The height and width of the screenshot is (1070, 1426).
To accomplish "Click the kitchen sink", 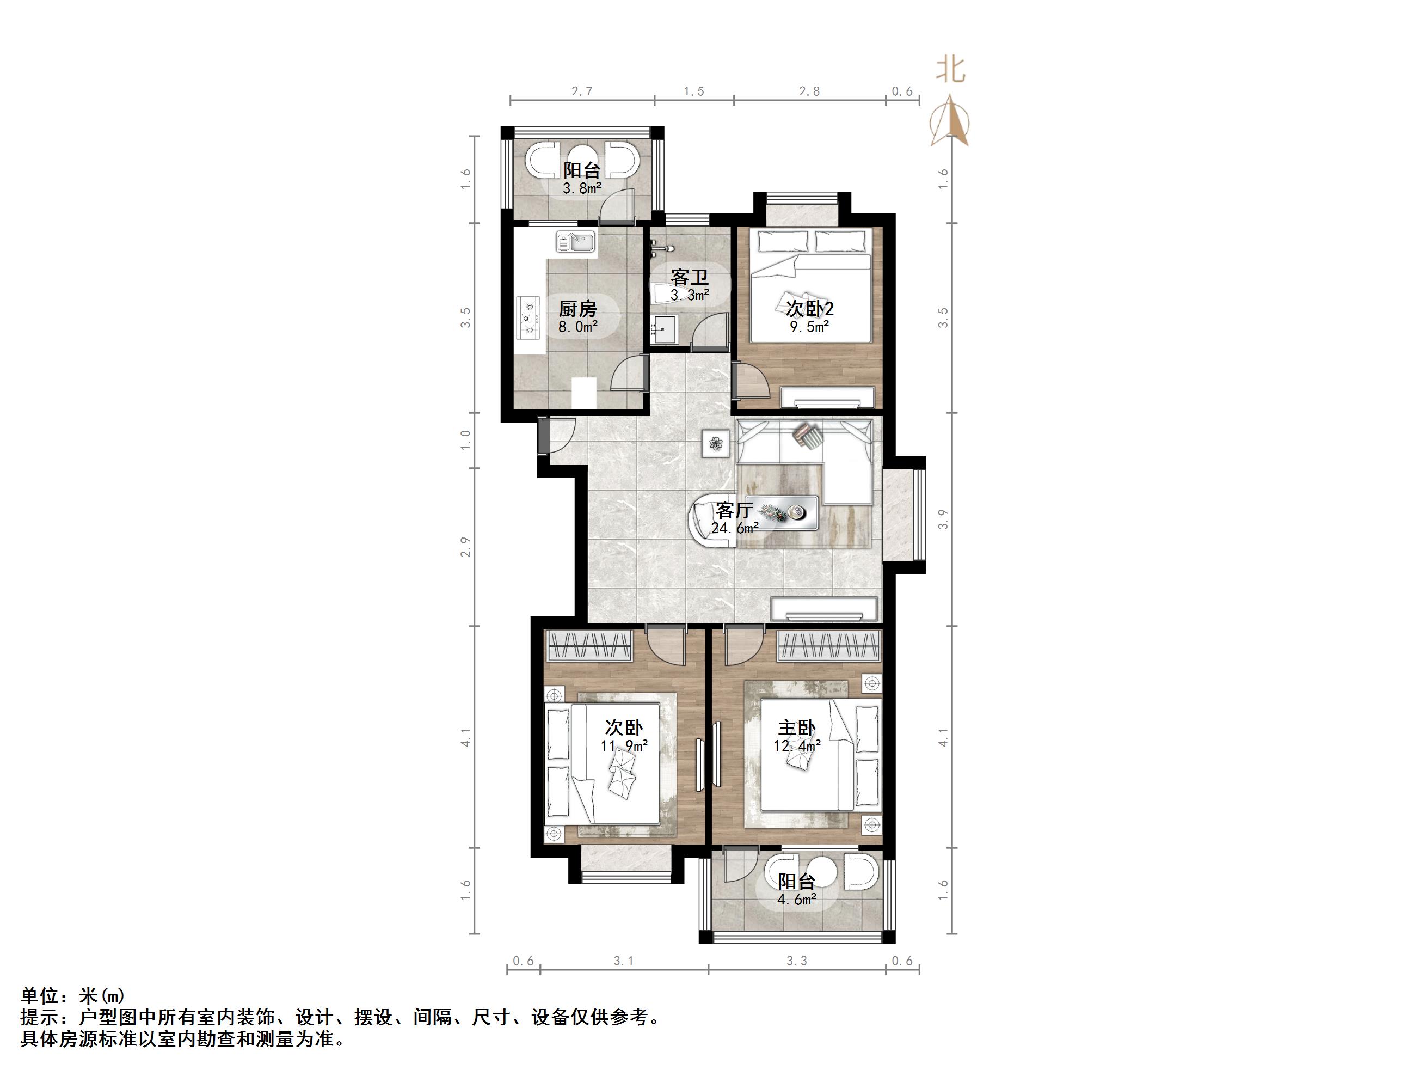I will (126, 242).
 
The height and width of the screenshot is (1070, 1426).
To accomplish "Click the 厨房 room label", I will (577, 309).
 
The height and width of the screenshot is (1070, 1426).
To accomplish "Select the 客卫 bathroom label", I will (689, 277).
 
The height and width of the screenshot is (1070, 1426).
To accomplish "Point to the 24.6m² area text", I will (734, 528).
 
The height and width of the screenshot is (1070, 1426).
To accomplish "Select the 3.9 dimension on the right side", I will (943, 519).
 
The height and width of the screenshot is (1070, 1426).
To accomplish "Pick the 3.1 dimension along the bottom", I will (623, 961).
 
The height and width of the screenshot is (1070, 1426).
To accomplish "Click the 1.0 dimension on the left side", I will (465, 440).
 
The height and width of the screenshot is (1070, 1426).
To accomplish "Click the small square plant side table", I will (716, 443).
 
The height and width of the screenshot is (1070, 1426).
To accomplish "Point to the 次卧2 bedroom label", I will (809, 308).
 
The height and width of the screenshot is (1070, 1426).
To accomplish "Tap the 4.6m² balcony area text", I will (797, 900).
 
